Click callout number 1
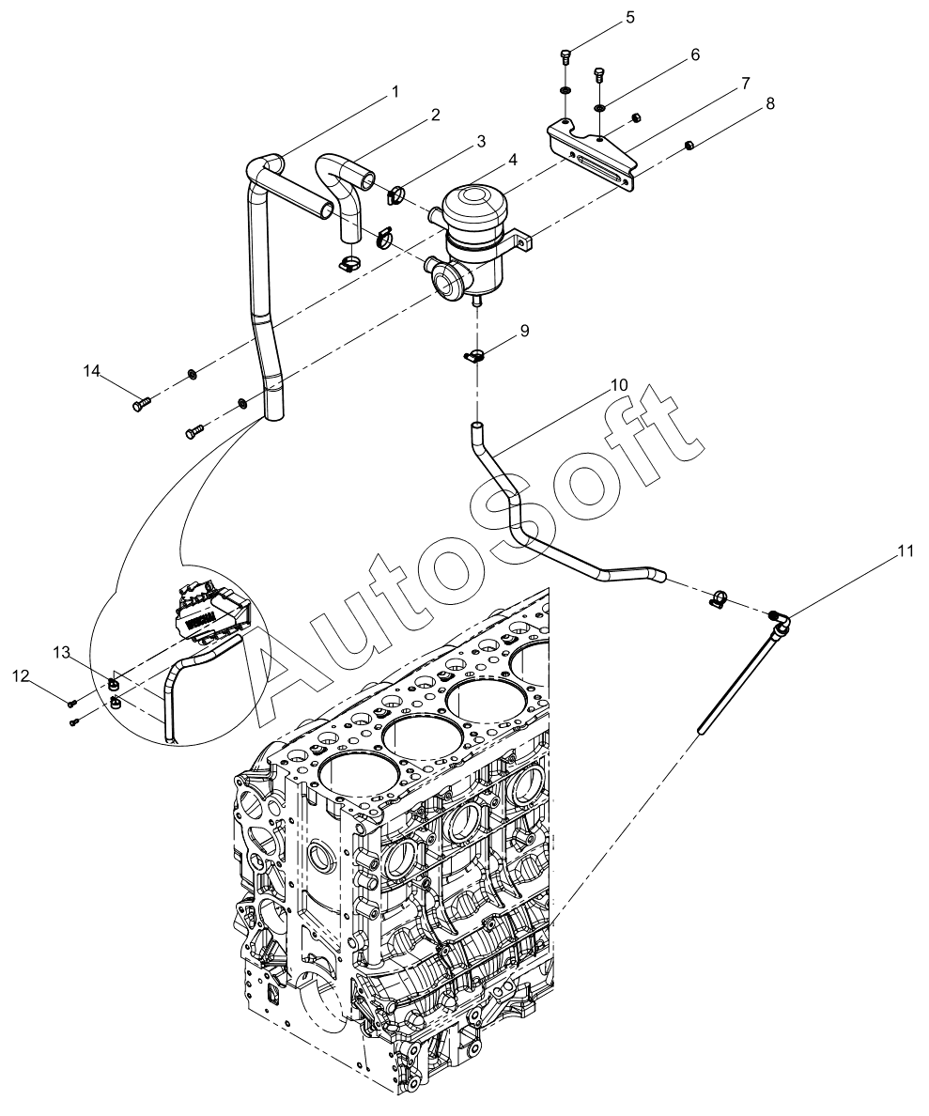[395, 91]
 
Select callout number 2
[435, 115]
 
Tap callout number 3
[480, 141]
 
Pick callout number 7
[745, 83]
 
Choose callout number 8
[769, 103]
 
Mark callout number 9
[524, 331]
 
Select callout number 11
[904, 551]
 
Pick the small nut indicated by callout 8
[689, 145]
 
